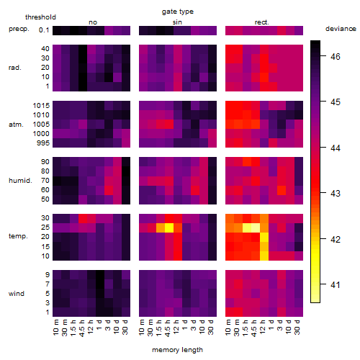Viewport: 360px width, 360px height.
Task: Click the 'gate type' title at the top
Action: (x=178, y=12)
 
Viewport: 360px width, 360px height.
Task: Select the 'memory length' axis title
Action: (x=177, y=350)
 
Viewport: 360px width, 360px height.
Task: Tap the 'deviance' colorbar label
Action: (x=341, y=29)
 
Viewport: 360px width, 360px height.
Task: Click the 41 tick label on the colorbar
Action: (x=336, y=285)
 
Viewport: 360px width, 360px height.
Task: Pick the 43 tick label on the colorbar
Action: (x=336, y=194)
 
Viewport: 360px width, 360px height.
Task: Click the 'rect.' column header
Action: (x=262, y=22)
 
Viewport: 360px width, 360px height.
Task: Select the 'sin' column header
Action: (x=177, y=22)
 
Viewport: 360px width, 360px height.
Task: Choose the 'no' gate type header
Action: (x=93, y=22)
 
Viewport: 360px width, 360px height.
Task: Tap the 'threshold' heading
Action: (x=40, y=17)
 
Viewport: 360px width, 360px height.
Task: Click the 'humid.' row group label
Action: (x=20, y=181)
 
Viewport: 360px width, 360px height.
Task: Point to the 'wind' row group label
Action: (x=17, y=294)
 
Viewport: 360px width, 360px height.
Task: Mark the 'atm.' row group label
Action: (x=16, y=125)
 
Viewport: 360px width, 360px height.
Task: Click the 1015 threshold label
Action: (x=41, y=106)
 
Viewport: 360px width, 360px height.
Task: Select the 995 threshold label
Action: (x=43, y=143)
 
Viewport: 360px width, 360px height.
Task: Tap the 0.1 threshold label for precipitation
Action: (x=44, y=30)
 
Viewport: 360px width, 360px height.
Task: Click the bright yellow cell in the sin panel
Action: (x=169, y=228)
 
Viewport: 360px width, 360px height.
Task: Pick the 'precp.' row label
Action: (x=19, y=29)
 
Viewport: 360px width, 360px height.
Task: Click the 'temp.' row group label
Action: (x=18, y=236)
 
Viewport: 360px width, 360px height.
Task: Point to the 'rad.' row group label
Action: (x=15, y=68)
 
